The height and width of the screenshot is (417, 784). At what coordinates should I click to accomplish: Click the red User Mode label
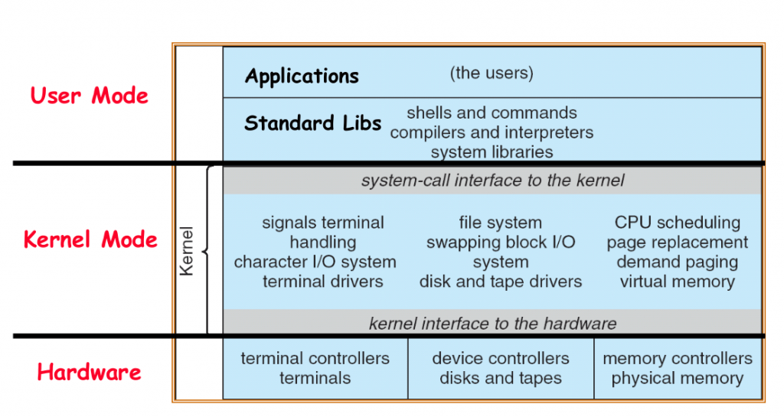pos(89,96)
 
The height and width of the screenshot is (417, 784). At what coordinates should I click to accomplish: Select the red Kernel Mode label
pos(90,239)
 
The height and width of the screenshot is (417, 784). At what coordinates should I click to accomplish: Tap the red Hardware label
pos(89,373)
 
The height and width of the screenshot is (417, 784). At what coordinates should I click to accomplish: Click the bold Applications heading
pos(302,77)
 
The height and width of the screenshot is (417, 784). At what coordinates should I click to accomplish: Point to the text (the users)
pos(491,73)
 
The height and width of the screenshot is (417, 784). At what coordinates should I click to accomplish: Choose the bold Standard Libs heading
pos(312,123)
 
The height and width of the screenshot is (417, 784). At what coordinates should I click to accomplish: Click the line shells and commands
pos(492,113)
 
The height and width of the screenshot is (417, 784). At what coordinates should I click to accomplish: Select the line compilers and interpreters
pos(492,132)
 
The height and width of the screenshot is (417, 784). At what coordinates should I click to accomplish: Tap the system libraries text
pos(492,152)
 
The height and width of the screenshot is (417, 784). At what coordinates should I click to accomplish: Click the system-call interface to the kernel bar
pos(492,181)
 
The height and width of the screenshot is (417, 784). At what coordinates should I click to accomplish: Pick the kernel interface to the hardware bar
pos(492,323)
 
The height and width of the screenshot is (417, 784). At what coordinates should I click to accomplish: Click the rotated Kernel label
pos(186,250)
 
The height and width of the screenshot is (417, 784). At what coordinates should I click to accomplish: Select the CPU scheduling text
pos(677,223)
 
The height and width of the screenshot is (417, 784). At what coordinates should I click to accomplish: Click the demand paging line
pos(677,262)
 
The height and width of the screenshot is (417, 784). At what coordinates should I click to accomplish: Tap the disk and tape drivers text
pos(500,282)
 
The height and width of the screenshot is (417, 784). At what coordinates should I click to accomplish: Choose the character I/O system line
pos(315,262)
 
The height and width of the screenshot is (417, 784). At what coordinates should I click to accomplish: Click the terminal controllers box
pos(315,368)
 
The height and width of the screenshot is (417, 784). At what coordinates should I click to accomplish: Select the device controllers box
pos(500,368)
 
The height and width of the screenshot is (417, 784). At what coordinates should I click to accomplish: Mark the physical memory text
pos(677,379)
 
